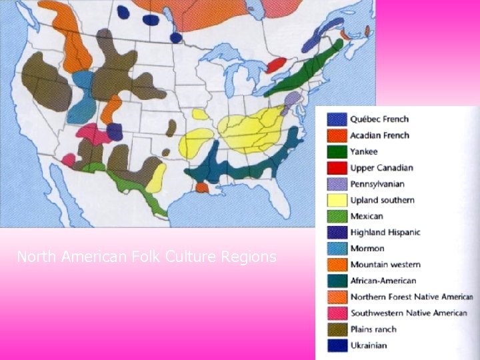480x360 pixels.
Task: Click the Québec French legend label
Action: coord(379,119)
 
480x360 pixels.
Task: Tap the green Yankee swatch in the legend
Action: coord(337,151)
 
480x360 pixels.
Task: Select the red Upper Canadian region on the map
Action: coord(276,65)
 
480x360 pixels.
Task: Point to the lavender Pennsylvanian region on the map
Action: coord(291,102)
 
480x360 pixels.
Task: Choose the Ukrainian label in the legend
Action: coord(369,345)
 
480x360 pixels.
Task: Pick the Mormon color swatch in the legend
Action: coord(337,249)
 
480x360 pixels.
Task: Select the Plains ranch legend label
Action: coord(373,329)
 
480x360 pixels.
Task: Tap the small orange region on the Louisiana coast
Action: coord(202,189)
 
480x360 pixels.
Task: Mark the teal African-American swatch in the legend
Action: coord(337,281)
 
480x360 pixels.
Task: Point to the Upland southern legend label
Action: coord(382,200)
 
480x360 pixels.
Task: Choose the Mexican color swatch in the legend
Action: coord(337,216)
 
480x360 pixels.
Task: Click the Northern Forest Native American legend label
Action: coord(411,297)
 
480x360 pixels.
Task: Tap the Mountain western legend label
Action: coord(385,265)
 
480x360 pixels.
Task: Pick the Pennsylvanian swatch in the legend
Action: coord(337,184)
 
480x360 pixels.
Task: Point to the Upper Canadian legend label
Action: coord(381,168)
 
